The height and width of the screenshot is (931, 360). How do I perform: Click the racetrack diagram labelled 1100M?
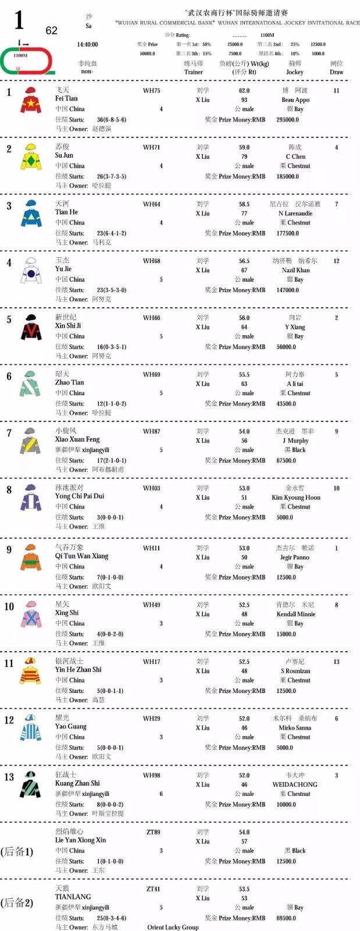point(27,59)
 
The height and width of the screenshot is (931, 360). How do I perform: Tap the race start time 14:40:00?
point(87,44)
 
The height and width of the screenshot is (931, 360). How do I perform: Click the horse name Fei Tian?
point(66,99)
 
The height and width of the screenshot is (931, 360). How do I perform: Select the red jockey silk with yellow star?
point(31,100)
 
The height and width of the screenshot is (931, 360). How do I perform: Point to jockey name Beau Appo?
point(295,100)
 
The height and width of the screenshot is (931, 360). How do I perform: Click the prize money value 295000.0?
point(287,119)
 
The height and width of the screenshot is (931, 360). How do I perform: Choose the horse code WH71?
point(151,147)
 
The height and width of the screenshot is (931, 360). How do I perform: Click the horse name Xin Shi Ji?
point(68,326)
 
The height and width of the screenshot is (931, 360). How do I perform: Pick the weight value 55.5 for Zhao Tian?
point(244,375)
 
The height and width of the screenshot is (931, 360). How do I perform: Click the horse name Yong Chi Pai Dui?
point(80,496)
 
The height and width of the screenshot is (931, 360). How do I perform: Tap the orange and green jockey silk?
point(31,557)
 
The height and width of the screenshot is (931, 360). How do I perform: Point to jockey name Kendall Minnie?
point(295,614)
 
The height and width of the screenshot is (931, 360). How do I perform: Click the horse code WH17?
point(151,662)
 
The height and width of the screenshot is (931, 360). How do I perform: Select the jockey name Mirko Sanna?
point(294,727)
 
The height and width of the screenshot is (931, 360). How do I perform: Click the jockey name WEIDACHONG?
point(295,784)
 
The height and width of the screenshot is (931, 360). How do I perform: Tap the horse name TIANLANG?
point(73,897)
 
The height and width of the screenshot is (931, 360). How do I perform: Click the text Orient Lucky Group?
point(173,927)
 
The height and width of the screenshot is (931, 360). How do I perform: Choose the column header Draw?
point(336,72)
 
